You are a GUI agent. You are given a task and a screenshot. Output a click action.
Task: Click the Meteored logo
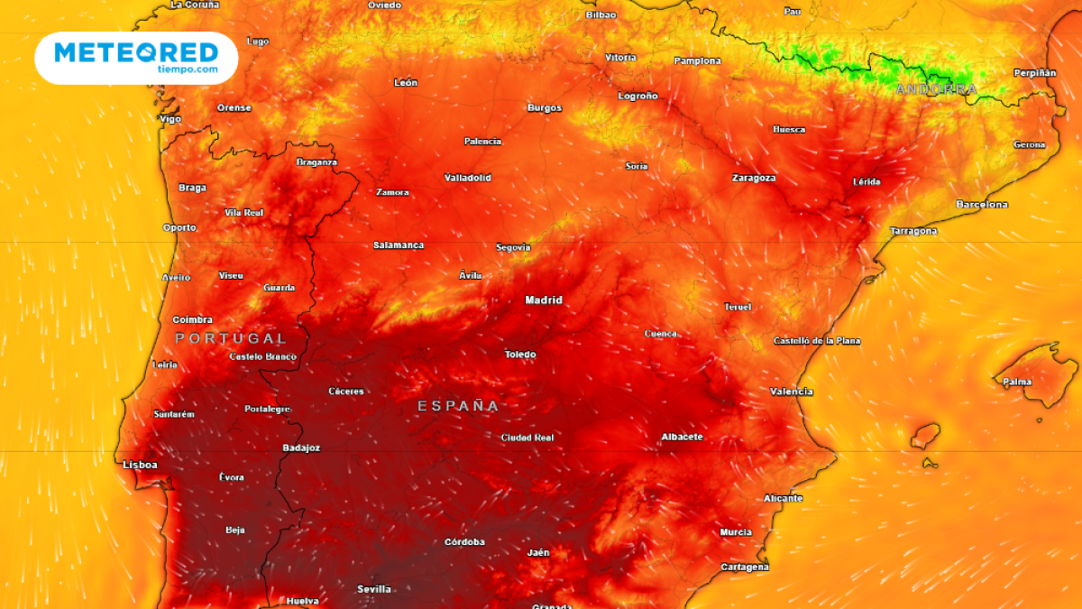pyautogui.click(x=136, y=57)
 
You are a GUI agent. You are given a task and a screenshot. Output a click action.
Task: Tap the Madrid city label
pyautogui.click(x=544, y=300)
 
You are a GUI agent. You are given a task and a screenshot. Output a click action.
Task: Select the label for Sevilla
pyautogui.click(x=374, y=589)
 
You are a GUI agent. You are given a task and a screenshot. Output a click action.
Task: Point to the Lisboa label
pyautogui.click(x=140, y=465)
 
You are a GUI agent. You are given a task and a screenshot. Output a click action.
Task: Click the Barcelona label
pyautogui.click(x=982, y=205)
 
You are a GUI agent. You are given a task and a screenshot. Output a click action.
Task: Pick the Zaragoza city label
pyautogui.click(x=753, y=178)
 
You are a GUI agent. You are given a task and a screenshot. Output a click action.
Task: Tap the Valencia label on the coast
pyautogui.click(x=791, y=392)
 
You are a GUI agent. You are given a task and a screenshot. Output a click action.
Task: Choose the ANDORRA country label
pyautogui.click(x=936, y=89)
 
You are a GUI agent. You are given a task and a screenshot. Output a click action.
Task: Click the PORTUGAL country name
pyautogui.click(x=231, y=338)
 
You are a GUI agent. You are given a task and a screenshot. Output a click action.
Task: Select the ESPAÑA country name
pyautogui.click(x=458, y=406)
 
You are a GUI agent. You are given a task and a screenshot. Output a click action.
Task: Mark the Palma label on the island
pyautogui.click(x=1017, y=382)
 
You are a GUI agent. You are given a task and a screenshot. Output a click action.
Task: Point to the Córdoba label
pyautogui.click(x=464, y=542)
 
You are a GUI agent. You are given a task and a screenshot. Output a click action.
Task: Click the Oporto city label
pyautogui.click(x=179, y=227)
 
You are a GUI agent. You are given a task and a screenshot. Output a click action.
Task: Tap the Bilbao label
pyautogui.click(x=601, y=14)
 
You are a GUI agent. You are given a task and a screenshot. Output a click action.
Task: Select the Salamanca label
pyautogui.click(x=399, y=245)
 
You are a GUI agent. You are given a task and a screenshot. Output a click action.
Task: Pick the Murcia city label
pyautogui.click(x=736, y=532)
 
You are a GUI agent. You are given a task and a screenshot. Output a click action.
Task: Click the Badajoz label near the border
pyautogui.click(x=301, y=448)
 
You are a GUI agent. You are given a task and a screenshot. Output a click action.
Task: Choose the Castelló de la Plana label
pyautogui.click(x=817, y=341)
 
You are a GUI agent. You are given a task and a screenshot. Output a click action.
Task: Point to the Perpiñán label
pyautogui.click(x=1035, y=72)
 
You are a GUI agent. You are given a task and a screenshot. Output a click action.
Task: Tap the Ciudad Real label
pyautogui.click(x=527, y=438)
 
